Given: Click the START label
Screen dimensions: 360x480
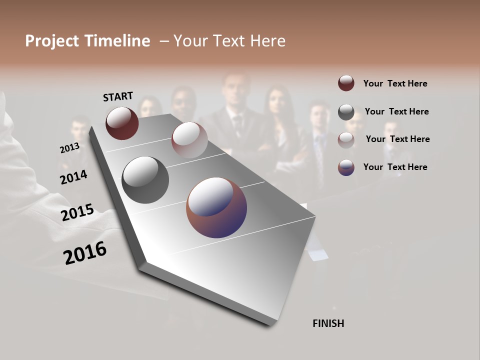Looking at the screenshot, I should click(118, 96).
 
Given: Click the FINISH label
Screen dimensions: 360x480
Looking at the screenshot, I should click(328, 323).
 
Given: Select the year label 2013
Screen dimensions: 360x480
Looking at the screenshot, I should click(69, 148).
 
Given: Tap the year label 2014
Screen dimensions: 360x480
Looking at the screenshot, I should click(73, 177).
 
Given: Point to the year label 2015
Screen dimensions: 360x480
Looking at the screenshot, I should click(77, 212).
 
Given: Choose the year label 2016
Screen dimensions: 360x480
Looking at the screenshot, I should click(85, 253).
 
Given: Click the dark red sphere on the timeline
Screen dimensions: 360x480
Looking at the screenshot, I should click(122, 123).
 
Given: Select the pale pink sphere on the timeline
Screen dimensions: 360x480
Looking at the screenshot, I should click(189, 139).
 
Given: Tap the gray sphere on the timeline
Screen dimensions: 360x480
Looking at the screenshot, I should click(145, 179).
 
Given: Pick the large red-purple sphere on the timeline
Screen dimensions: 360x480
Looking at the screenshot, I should click(216, 207).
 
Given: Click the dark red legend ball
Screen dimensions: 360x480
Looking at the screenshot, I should click(346, 83).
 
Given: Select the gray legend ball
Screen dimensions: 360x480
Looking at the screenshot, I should click(346, 112).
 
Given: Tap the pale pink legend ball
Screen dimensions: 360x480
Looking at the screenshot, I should click(346, 139).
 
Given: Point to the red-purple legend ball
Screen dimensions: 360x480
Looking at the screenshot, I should click(346, 167).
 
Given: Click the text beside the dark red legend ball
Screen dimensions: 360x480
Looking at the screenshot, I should click(395, 83).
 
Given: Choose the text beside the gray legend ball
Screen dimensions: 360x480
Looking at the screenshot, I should click(396, 111).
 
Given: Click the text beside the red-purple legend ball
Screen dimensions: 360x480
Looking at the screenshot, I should click(395, 167).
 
